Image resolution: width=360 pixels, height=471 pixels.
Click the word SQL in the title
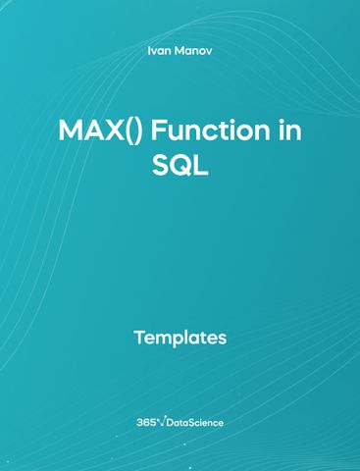(180, 166)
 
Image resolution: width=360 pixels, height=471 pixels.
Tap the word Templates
(180, 339)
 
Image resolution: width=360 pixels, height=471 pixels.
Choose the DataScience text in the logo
(197, 422)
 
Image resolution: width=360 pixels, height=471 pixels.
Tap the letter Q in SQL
(180, 166)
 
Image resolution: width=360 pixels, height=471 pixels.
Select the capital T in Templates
(138, 339)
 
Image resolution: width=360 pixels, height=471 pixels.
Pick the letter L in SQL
(202, 166)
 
